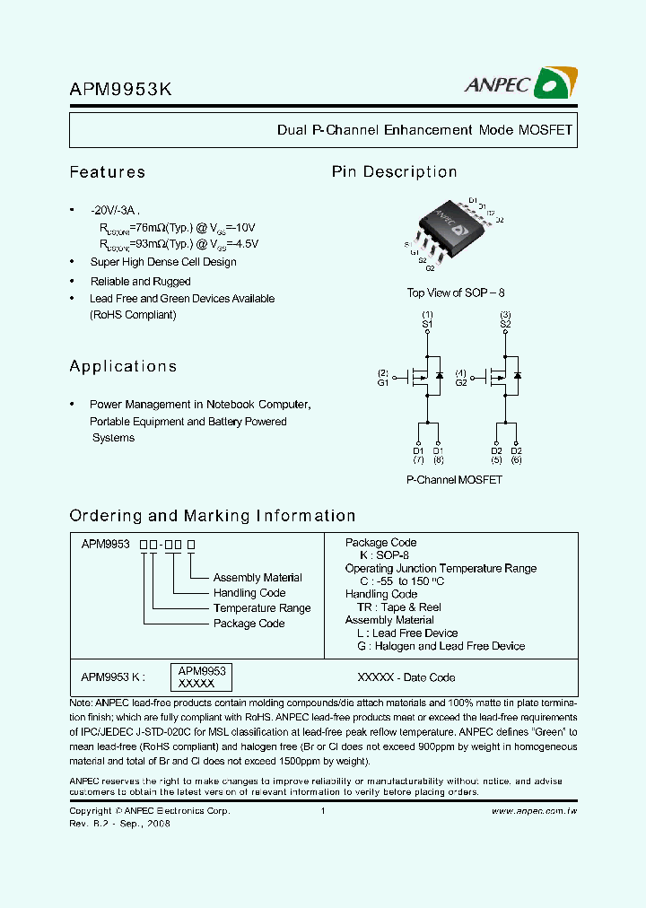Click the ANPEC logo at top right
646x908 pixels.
pos(520,83)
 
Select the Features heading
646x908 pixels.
pos(107,172)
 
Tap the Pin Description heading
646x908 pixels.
pos(394,172)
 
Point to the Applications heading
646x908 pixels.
pos(123,366)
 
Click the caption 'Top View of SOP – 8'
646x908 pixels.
pos(456,293)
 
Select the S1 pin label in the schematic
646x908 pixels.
pos(427,323)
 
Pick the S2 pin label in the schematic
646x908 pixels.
pos(505,323)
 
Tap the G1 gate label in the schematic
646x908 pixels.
pos(383,383)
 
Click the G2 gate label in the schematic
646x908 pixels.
pos(461,383)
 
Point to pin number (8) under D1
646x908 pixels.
pos(438,460)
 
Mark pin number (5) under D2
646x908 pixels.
pos(496,460)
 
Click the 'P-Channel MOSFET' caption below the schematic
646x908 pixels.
pos(454,480)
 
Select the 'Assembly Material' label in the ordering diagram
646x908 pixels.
pos(258,578)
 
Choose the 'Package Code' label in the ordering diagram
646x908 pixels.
pos(249,624)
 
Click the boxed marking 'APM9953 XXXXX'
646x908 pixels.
pos(201,677)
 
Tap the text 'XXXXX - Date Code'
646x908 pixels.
pos(406,677)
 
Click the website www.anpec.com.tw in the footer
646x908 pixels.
pos(534,811)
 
